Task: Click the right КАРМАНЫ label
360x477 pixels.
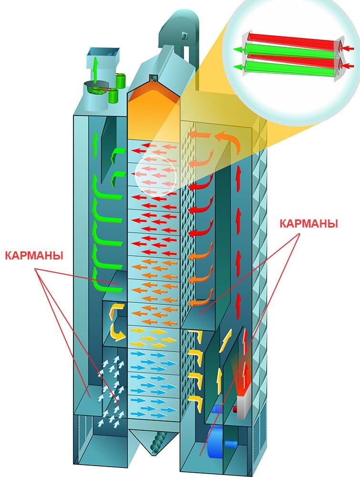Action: pos(309,224)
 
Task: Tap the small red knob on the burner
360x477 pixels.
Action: pos(235,409)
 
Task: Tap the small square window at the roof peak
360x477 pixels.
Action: pos(153,77)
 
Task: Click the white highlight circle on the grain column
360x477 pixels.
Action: pos(155,174)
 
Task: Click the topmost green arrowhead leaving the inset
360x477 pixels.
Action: pos(237,49)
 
